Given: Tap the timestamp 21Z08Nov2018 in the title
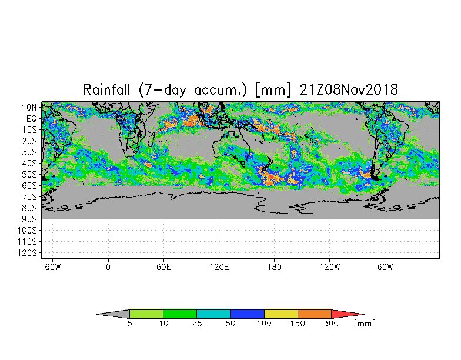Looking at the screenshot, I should tap(349, 90).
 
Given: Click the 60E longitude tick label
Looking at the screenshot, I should tap(163, 267).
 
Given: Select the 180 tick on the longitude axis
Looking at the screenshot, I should tap(274, 267).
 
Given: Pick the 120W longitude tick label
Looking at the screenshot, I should tap(329, 267).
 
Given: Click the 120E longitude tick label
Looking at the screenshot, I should tap(219, 267).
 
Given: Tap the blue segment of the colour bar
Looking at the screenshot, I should tap(247, 314).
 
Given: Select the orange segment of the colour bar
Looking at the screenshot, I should tap(315, 314).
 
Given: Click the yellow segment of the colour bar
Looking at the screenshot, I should tap(281, 314).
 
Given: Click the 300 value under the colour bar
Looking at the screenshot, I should tap(332, 324).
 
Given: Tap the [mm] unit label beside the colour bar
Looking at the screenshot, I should tap(365, 324).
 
